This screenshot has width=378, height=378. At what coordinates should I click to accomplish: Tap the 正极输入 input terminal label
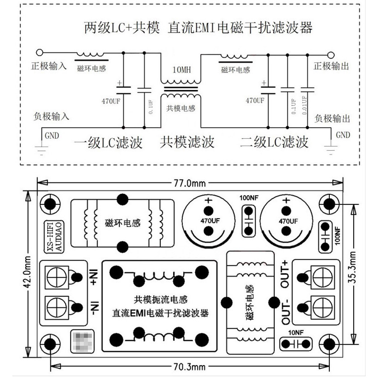49,66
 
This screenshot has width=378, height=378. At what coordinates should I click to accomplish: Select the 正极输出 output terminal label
331,66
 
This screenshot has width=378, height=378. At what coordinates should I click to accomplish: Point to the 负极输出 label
332,118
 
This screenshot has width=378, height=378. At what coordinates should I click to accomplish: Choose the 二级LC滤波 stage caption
274,143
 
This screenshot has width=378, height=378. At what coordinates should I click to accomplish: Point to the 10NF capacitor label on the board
295,333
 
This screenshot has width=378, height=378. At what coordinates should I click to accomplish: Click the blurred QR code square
83,342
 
